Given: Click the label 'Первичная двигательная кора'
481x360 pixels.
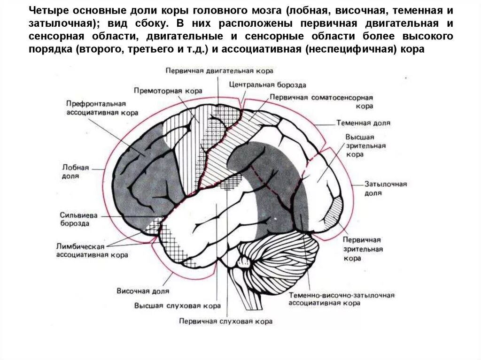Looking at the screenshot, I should [219, 70].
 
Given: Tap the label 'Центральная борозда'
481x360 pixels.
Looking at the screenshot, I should [268, 85].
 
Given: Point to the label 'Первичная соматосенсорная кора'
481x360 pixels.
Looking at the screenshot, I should [321, 102].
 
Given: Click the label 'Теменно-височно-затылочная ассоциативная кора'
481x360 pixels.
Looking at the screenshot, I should [341, 299].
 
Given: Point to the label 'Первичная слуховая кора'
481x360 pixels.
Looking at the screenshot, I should [225, 322].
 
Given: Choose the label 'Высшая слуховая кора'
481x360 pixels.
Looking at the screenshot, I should [177, 306].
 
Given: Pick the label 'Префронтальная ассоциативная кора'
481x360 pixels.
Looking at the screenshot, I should [101, 108].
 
